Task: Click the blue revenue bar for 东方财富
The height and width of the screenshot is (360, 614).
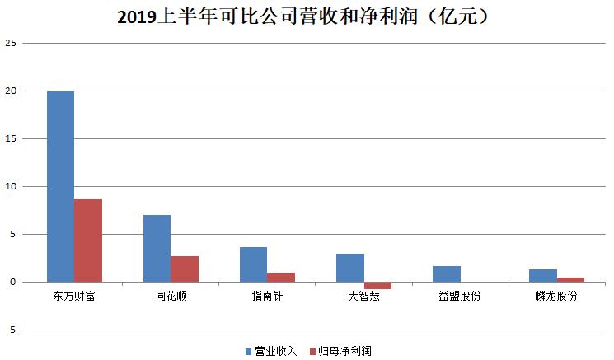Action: [x=60, y=186]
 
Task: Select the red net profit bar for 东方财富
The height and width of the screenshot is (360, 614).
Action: [x=88, y=241]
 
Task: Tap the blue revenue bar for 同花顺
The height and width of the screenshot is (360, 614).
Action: [x=157, y=248]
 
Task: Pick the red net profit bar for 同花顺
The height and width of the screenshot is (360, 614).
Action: [x=185, y=269]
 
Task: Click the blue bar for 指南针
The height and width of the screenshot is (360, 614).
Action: [x=253, y=264]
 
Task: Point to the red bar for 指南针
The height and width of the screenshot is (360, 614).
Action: [x=281, y=278]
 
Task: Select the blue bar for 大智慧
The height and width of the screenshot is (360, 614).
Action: [x=349, y=268]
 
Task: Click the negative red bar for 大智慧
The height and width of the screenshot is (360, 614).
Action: [x=377, y=285]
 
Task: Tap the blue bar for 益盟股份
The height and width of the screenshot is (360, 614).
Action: [x=446, y=274]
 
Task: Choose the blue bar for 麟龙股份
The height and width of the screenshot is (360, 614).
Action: [x=542, y=276]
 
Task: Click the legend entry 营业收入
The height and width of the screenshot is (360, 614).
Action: [x=272, y=350]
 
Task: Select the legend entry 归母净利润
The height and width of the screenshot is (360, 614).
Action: [x=340, y=350]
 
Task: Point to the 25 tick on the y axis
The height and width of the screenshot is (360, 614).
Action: [x=11, y=43]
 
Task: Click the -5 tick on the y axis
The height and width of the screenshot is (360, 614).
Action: [x=11, y=330]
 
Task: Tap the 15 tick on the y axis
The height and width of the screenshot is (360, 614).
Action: [x=11, y=138]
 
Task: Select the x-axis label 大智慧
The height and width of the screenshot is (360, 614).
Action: [x=363, y=296]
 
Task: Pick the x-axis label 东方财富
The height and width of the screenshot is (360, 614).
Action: [x=74, y=296]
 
